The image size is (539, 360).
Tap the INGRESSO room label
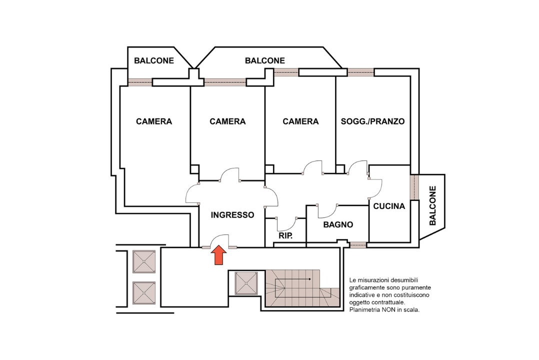232,215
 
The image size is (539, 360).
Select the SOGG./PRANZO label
372,121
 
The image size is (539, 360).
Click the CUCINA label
389,206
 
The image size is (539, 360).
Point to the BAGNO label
338,225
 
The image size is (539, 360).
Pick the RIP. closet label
285,235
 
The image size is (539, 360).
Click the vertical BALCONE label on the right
432,205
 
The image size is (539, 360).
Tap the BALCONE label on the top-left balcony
154,61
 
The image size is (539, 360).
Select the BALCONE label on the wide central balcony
264,61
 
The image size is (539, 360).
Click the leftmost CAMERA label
154,121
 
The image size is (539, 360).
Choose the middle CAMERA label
227,121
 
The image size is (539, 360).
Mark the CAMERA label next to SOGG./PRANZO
300,121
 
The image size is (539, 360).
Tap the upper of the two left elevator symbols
144,261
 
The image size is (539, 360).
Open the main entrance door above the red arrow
219,241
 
